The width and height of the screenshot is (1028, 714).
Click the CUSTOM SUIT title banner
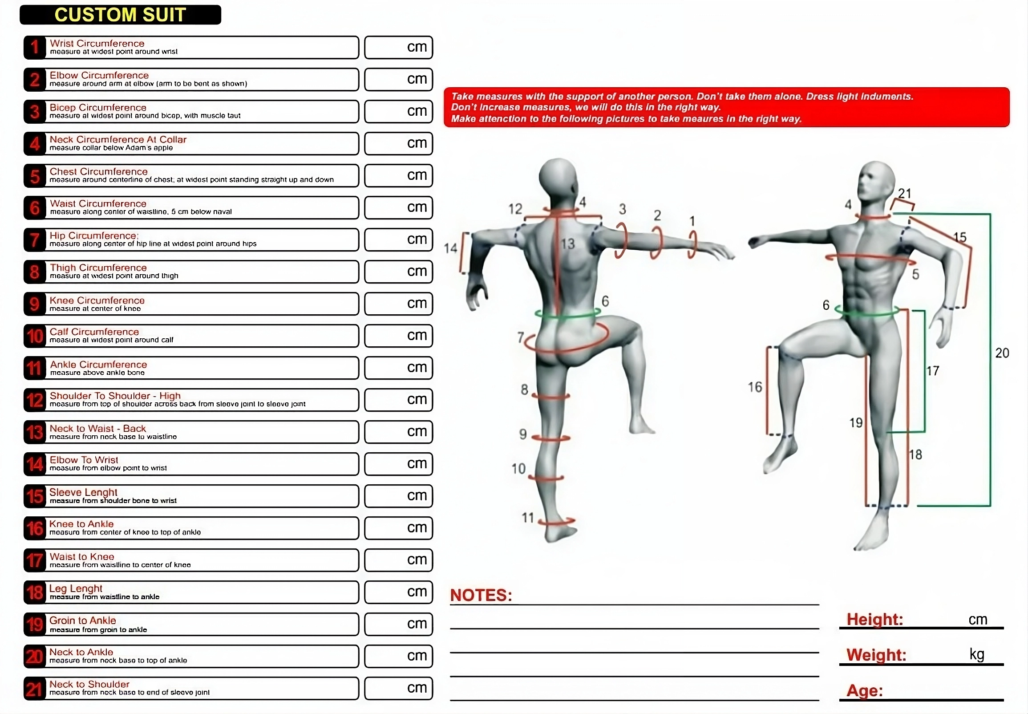(x=120, y=15)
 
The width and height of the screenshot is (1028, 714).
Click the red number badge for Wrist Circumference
(x=35, y=48)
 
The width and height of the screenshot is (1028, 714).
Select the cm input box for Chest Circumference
(x=398, y=175)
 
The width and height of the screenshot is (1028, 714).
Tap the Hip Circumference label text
(x=94, y=236)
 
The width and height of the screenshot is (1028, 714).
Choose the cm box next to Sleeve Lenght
(x=398, y=496)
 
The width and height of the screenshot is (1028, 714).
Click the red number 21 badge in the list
(x=35, y=688)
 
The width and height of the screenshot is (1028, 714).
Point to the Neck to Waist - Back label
(x=98, y=429)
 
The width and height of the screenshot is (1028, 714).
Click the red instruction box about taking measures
(x=727, y=107)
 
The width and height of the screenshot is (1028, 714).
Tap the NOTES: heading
(x=481, y=595)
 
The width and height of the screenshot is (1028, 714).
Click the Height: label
(x=874, y=619)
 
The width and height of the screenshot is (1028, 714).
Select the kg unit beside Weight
(x=977, y=654)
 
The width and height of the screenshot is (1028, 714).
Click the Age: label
(x=865, y=690)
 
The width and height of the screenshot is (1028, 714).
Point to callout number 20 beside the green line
(x=1002, y=353)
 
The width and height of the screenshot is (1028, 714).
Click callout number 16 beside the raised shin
(x=755, y=387)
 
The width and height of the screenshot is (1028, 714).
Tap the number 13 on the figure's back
(x=568, y=244)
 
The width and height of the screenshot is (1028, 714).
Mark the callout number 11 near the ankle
(x=528, y=518)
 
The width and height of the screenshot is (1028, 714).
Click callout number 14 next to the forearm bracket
(x=451, y=248)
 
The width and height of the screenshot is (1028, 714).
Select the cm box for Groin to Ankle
(x=398, y=624)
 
